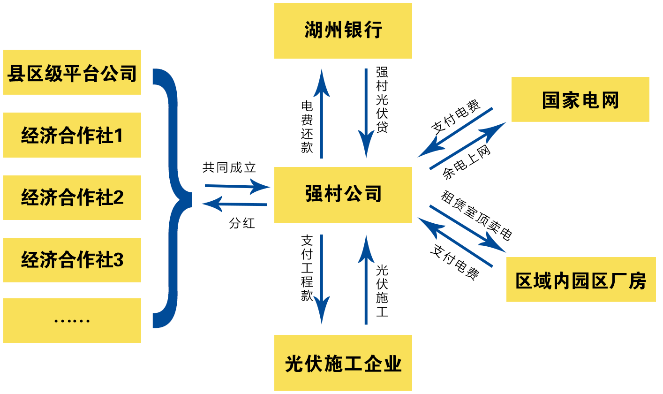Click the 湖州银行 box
click(343, 30)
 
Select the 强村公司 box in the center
click(343, 194)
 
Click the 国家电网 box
click(580, 99)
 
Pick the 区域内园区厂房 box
click(580, 280)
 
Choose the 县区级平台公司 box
click(72, 72)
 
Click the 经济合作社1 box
click(72, 135)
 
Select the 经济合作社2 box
click(72, 197)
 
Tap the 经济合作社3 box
click(72, 260)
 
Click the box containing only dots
click(72, 320)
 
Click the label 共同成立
click(229, 168)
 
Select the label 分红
click(242, 223)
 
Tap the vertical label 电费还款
click(307, 127)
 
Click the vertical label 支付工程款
click(307, 267)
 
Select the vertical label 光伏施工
click(382, 291)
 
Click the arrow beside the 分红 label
click(234, 204)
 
